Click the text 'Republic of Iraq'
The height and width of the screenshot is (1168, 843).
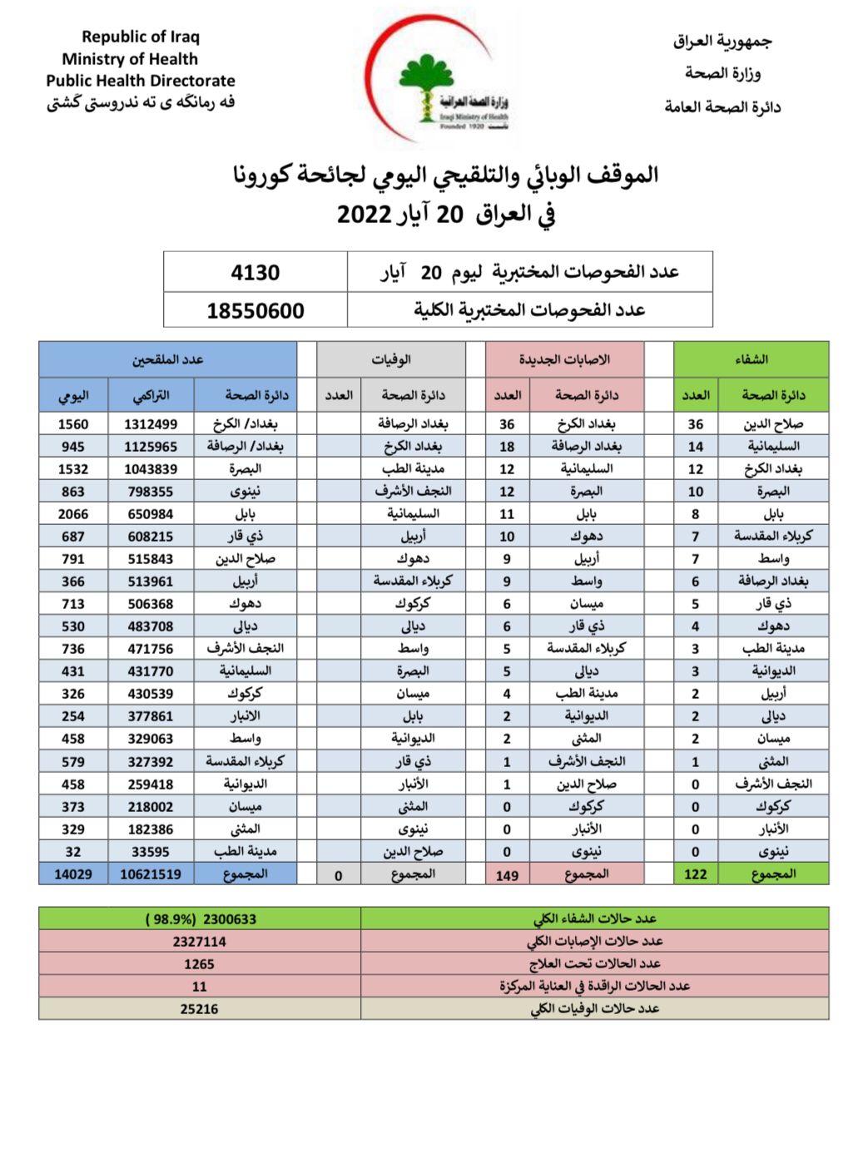click(141, 37)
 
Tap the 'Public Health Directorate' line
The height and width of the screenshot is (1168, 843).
click(141, 81)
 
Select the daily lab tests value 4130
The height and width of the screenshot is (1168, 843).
click(255, 272)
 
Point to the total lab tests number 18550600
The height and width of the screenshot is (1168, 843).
click(255, 310)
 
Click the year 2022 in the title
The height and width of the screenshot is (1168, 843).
click(364, 213)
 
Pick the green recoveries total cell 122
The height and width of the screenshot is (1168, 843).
click(695, 874)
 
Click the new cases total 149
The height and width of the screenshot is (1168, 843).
click(507, 874)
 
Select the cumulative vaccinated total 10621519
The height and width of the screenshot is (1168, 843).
click(151, 874)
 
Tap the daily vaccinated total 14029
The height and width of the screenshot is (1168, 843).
click(73, 874)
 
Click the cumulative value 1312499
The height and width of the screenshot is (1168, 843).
click(151, 423)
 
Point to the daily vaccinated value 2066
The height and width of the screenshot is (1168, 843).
click(73, 514)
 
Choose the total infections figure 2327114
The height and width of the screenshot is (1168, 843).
click(199, 941)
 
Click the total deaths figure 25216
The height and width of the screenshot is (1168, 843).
click(199, 1008)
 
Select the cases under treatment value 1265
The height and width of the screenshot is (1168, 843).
click(199, 963)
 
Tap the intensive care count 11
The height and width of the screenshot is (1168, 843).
click(199, 986)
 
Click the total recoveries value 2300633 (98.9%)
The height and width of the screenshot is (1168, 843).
click(201, 918)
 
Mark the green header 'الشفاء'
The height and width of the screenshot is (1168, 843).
click(751, 359)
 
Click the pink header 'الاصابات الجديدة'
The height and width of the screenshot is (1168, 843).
click(564, 359)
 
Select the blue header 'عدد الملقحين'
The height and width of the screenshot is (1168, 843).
click(167, 359)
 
